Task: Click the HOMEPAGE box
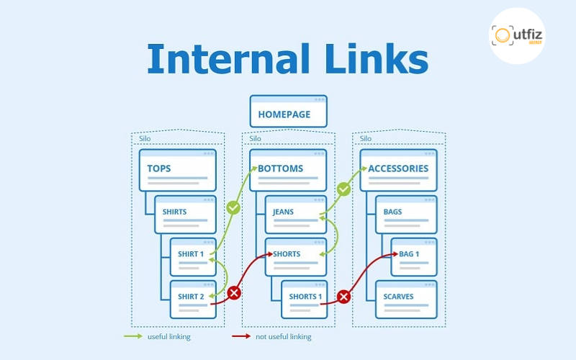(288, 114)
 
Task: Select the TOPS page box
(177, 170)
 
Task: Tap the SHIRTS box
(185, 213)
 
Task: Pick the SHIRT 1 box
(193, 256)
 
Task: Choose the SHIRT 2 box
(193, 299)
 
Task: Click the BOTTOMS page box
(288, 170)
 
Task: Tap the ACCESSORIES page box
(398, 170)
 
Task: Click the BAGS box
(406, 213)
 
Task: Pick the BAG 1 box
(414, 256)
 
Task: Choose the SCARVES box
(406, 299)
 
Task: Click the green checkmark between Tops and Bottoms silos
(233, 207)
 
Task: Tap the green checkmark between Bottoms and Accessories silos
(343, 189)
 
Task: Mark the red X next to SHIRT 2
(233, 293)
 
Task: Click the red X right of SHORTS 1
(343, 296)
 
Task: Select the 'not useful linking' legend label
(283, 336)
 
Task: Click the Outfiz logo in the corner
(516, 35)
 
